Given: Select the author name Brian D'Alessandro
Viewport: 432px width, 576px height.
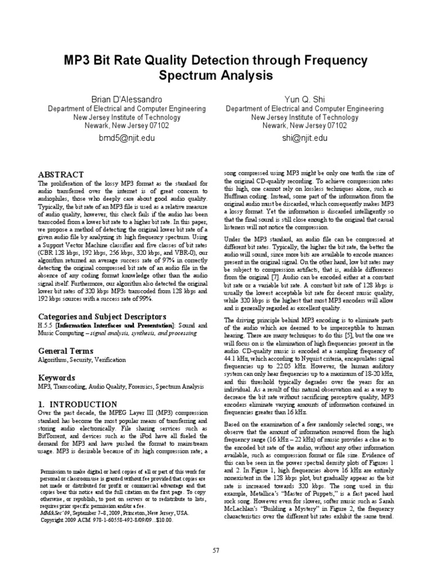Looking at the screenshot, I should pos(123,99).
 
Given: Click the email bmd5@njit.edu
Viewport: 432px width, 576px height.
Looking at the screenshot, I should pos(123,137).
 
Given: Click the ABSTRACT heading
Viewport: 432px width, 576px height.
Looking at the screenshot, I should pos(60,174).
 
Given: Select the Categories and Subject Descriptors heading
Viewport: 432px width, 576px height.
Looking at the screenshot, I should pos(94,316).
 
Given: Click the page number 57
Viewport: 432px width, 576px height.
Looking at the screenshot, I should pos(215,550).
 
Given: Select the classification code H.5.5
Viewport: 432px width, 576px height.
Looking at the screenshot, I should pos(44,325).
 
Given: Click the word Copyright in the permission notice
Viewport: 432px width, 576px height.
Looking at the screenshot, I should pos(55,520).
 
